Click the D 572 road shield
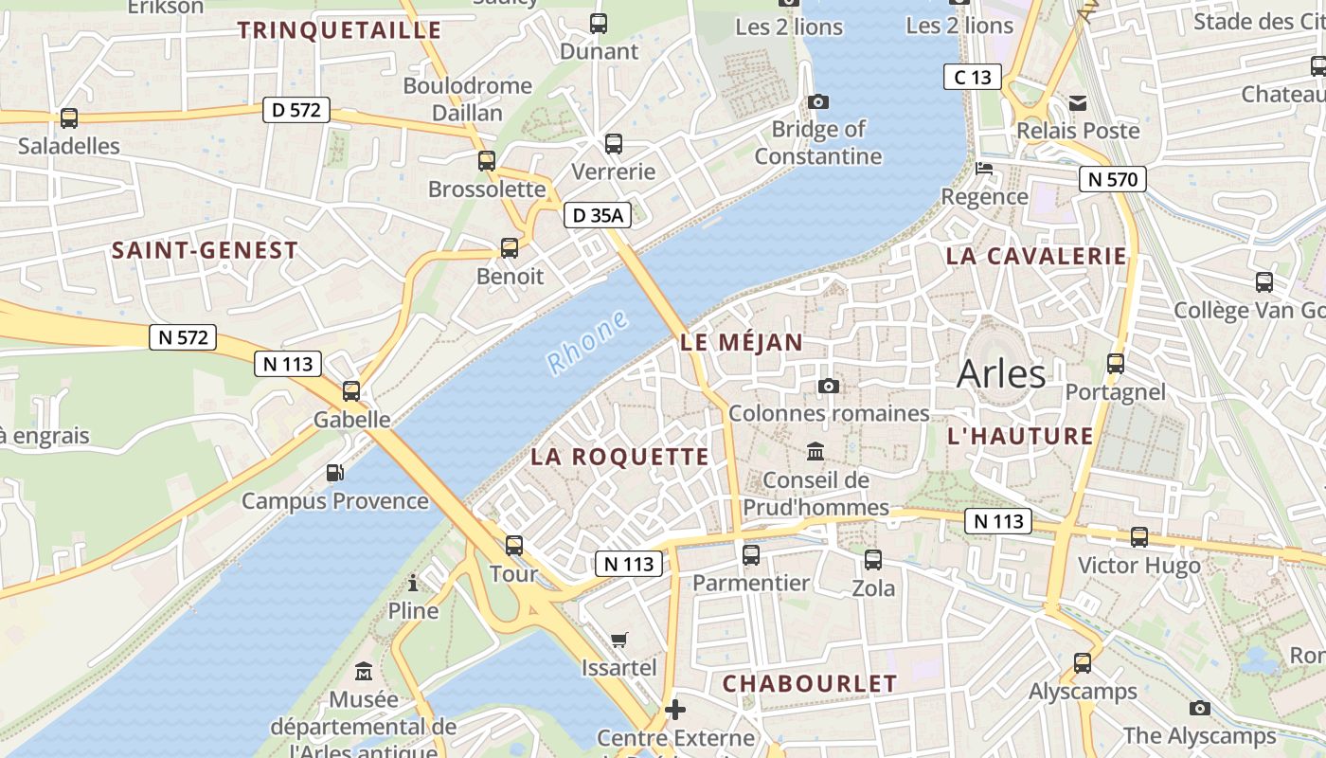[296, 110]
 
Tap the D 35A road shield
[598, 216]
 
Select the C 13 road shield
[972, 78]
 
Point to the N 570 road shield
[1112, 179]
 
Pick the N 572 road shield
[182, 337]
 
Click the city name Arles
[1001, 374]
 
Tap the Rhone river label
[587, 342]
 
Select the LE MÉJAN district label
[742, 343]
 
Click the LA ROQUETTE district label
[619, 457]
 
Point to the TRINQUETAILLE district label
[340, 30]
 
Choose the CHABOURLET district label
[810, 683]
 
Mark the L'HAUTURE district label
[1021, 436]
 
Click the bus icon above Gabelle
[351, 390]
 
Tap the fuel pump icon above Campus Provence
[334, 472]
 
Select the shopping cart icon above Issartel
[619, 640]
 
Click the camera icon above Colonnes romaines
[829, 386]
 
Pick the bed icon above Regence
[984, 169]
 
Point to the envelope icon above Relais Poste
[1078, 102]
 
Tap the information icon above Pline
[413, 583]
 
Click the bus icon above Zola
[873, 559]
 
